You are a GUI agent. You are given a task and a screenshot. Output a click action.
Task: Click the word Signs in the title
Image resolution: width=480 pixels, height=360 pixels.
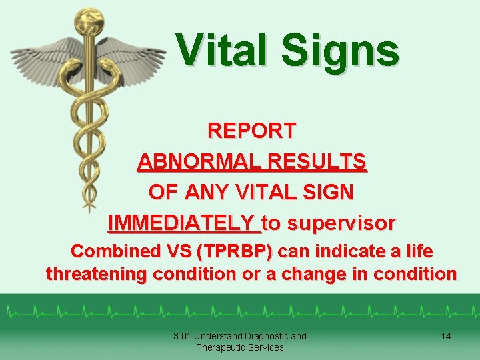[339, 51]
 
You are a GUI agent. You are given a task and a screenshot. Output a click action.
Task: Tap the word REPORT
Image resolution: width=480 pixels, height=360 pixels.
[252, 131]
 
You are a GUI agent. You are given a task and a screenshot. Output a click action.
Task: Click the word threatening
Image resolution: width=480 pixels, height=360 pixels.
[97, 274]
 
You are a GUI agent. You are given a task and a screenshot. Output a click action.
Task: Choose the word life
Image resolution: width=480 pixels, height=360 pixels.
[418, 252]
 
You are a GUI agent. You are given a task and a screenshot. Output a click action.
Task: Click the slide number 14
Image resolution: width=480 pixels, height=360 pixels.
[446, 336]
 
